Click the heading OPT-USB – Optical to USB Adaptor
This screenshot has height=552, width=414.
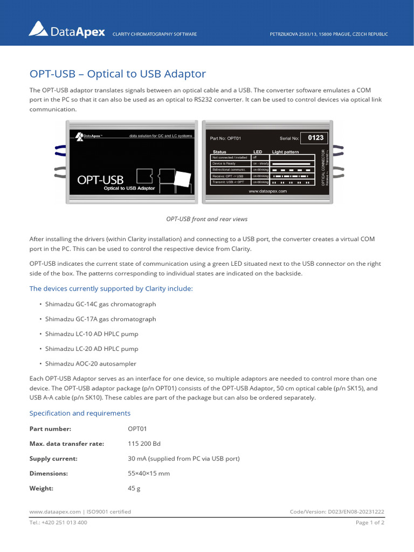pos(117,74)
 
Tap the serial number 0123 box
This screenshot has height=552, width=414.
pos(315,138)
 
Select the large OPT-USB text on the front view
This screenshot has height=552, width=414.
pos(100,180)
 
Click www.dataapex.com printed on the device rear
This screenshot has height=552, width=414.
pos(267,191)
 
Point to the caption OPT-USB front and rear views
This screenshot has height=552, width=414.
pos(206,219)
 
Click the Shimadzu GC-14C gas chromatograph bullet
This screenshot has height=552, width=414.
pos(93,304)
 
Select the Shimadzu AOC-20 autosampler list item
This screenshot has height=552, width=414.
pos(91,364)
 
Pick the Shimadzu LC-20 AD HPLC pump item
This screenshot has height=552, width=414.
pos(92,349)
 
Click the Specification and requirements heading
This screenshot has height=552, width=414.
pos(79,413)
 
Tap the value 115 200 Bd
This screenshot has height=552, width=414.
pos(144,444)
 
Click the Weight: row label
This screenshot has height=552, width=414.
pos(41,488)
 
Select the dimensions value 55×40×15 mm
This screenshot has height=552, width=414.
pos(149,473)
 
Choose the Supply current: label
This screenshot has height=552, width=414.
pos(53,459)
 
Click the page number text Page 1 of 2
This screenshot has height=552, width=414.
pos(369,523)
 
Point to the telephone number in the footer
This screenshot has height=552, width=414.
pos(58,523)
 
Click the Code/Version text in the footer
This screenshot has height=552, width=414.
pos(337,512)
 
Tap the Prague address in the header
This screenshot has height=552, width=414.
pos(328,34)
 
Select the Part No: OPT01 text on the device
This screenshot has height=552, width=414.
pos(225,139)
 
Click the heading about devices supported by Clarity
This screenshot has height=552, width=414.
pos(111,288)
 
